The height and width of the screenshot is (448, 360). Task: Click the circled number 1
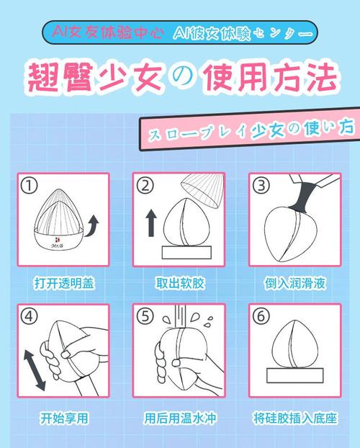[30, 186]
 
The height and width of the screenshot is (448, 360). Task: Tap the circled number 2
[145, 186]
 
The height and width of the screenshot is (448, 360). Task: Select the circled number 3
[261, 186]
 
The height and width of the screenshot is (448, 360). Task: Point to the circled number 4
[30, 317]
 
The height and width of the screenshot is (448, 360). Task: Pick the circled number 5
[145, 317]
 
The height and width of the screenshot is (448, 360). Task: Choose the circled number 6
[261, 317]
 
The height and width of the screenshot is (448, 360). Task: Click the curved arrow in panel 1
[92, 226]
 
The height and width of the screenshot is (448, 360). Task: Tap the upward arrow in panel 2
[151, 223]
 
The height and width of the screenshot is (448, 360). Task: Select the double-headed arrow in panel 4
[35, 370]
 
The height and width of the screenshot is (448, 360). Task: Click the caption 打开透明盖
[64, 284]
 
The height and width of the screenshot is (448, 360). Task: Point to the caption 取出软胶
[180, 284]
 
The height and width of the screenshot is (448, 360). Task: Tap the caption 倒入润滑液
[295, 284]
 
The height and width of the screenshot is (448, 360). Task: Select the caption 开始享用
[64, 418]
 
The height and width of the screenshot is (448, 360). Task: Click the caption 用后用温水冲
[180, 418]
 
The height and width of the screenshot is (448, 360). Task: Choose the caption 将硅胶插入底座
[295, 418]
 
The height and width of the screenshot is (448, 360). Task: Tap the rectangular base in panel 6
[295, 375]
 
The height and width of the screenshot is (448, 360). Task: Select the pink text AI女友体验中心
[108, 32]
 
